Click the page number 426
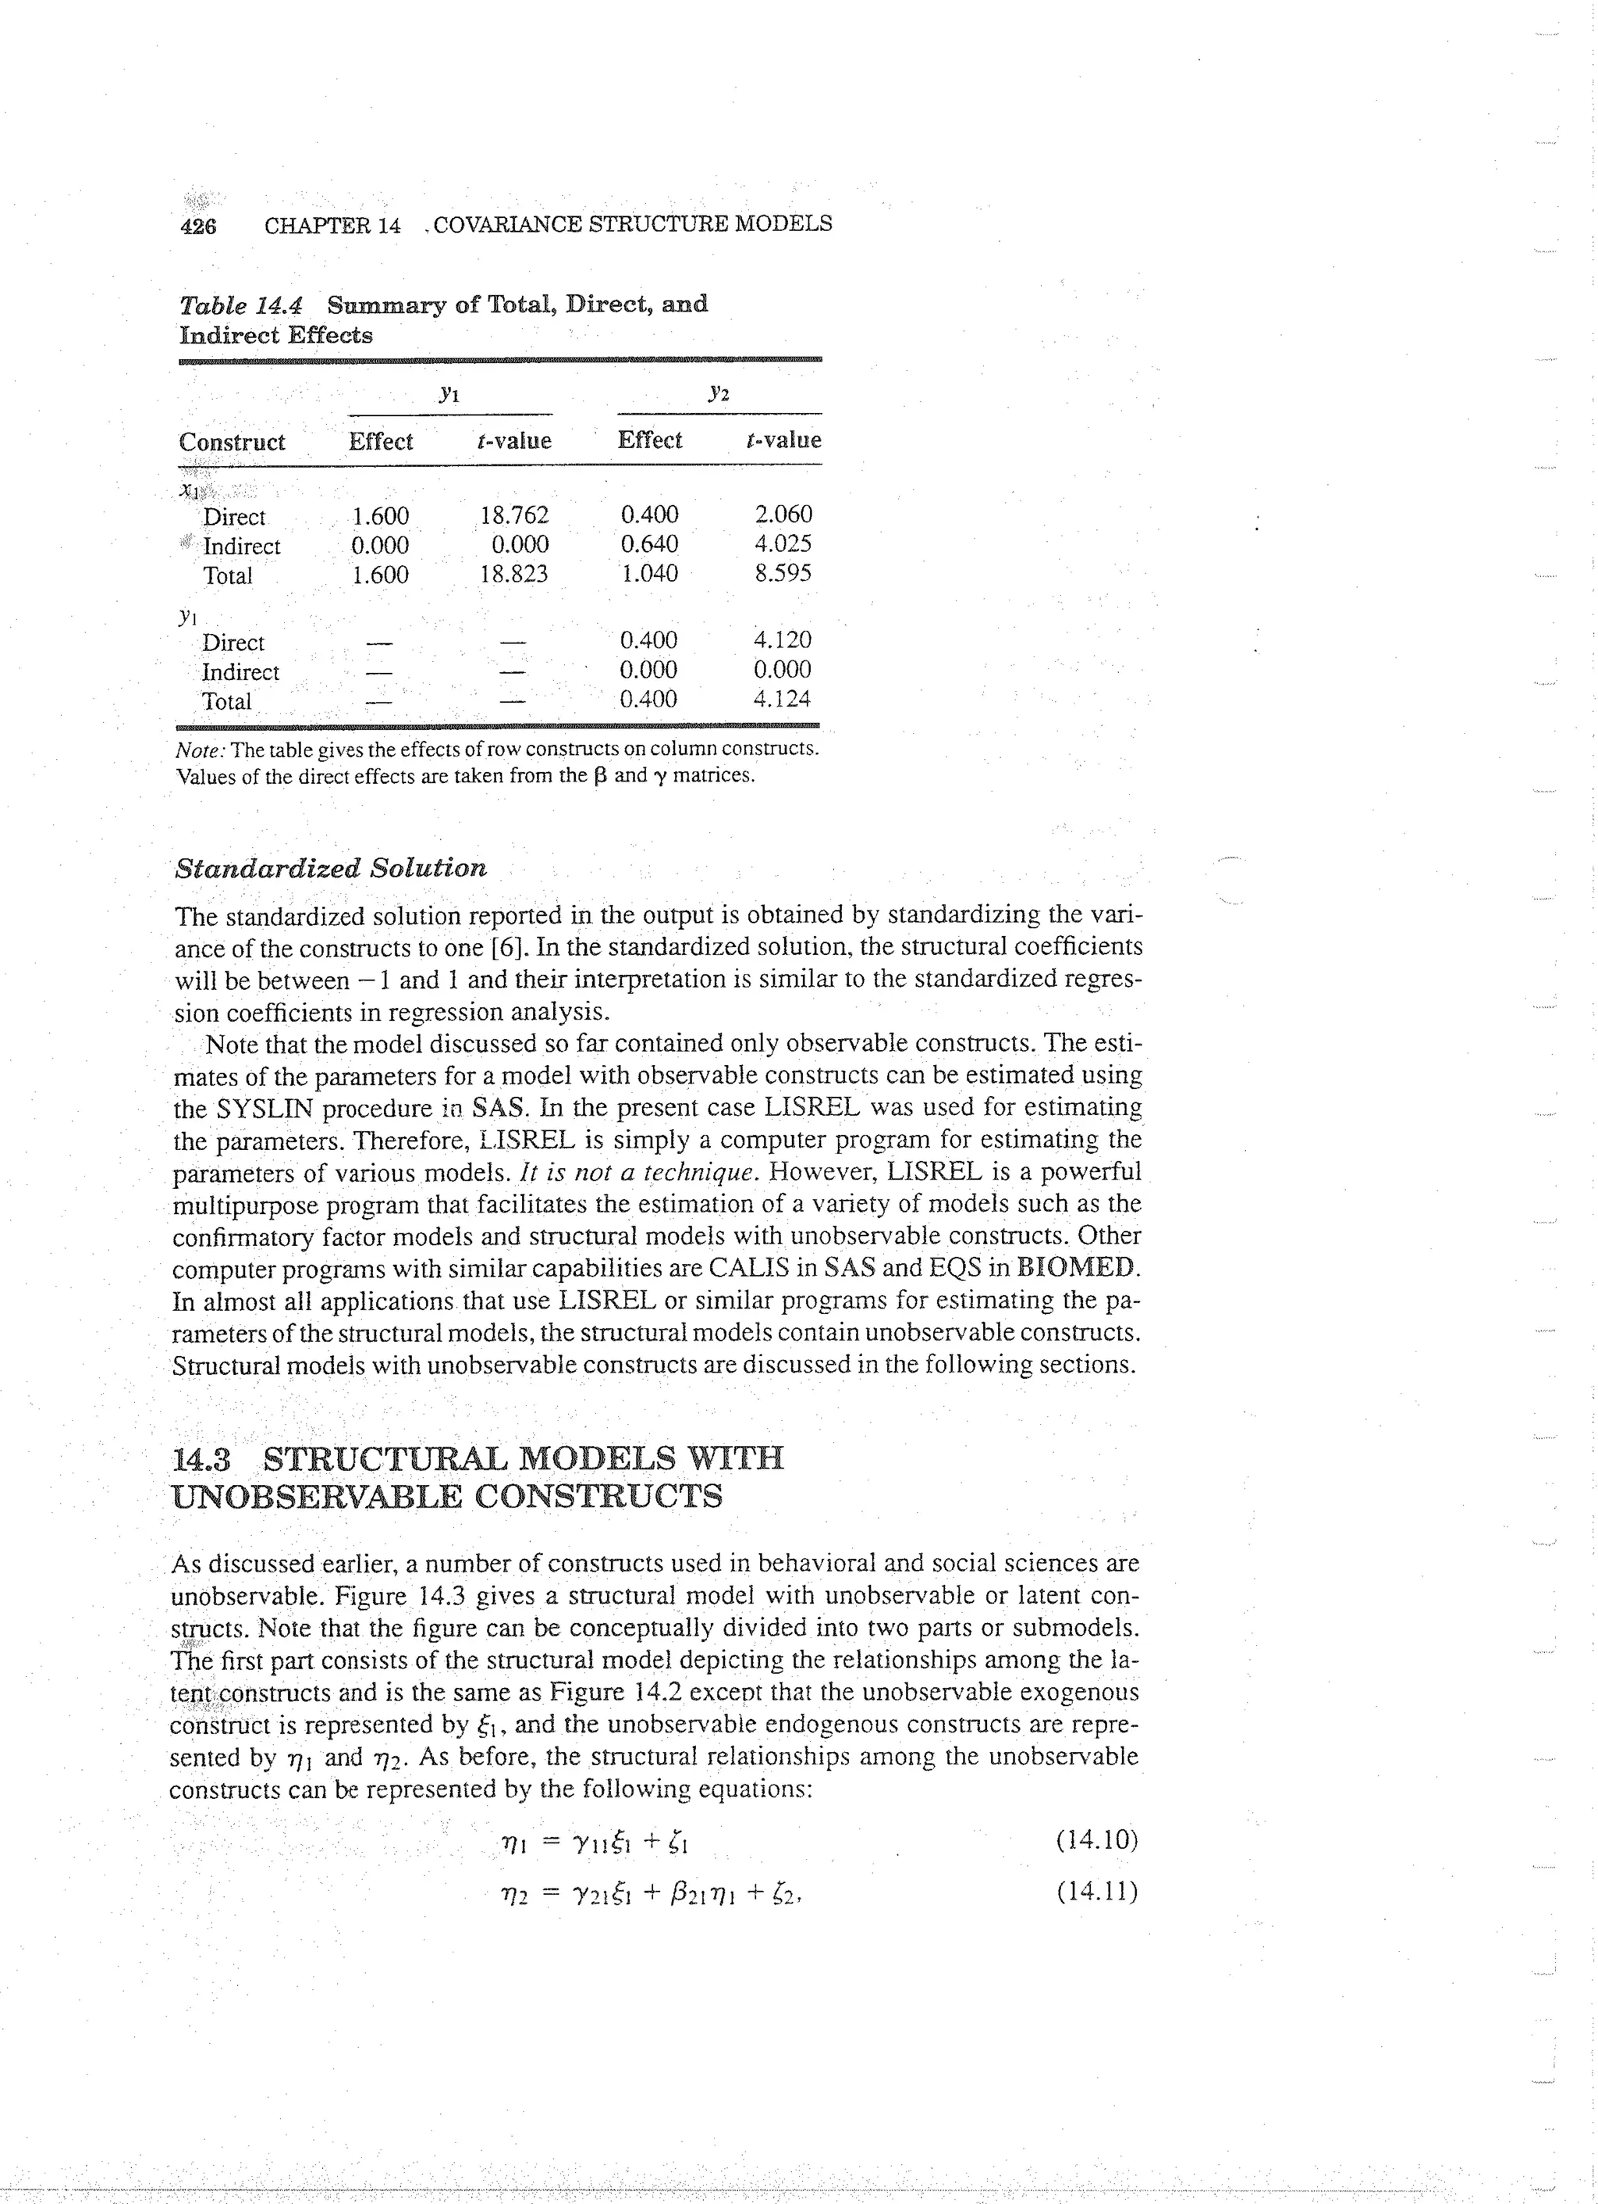point(198,226)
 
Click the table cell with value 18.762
point(514,515)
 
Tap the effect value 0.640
point(649,543)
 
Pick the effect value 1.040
point(649,572)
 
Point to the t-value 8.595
point(783,572)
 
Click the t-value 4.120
point(782,639)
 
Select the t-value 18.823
point(514,573)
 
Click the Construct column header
point(233,442)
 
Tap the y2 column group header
point(718,393)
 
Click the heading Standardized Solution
point(330,868)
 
